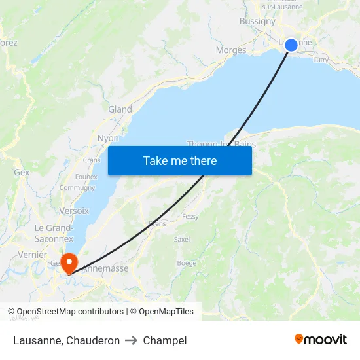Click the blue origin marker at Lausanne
291,45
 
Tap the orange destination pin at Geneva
68,263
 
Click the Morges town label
231,50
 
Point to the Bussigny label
257,21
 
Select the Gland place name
120,109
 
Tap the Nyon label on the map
108,138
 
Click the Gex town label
22,173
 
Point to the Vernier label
33,255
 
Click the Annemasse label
105,268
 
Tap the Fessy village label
190,216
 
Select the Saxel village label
182,240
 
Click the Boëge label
187,263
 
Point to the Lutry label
321,60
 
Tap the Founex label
86,177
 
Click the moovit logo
321,340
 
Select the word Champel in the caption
165,340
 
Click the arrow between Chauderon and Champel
131,340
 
